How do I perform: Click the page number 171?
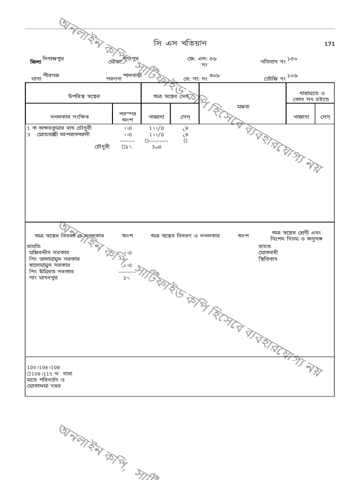pos(329,44)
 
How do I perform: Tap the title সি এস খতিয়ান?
pos(180,44)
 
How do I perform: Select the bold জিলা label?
pos(35,62)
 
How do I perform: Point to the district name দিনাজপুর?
pos(53,59)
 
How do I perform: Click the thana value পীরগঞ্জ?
pos(51,75)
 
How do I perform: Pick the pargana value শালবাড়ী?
pos(133,75)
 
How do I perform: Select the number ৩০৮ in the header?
pos(215,75)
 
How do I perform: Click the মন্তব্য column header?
pos(243,106)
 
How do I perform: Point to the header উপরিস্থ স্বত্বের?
pos(83,96)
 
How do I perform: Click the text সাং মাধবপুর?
pos(43,277)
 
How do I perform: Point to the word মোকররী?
pos(268,252)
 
